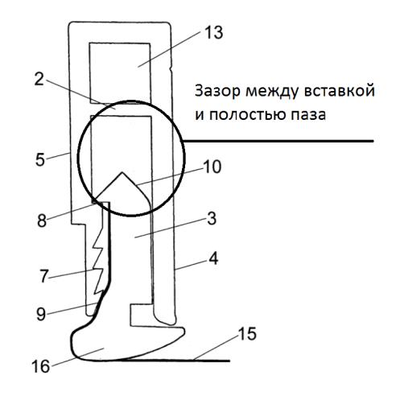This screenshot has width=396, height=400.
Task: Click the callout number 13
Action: pos(214,32)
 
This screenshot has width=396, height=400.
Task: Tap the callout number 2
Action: pos(39,79)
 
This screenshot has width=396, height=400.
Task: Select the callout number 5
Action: pos(40,160)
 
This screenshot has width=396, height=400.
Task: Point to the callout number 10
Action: pos(212,167)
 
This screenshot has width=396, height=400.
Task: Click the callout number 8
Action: pos(42,221)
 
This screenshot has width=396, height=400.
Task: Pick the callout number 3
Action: pos(212,219)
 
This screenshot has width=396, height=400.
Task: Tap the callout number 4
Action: pos(213,258)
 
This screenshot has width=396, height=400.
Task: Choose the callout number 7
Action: pos(44,276)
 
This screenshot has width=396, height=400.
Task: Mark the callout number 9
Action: pos(41,314)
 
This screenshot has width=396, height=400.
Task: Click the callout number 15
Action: pos(247,334)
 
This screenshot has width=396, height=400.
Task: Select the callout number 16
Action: pos(41,366)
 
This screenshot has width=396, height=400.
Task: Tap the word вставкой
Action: pos(339,91)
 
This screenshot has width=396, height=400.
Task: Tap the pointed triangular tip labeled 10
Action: pos(122,172)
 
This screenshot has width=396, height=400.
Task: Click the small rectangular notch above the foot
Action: pos(142,315)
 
